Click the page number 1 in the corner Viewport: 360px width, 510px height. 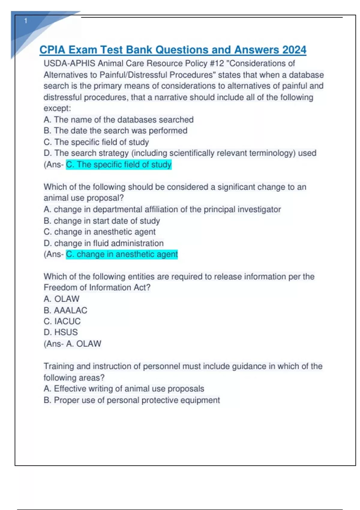(x=26, y=21)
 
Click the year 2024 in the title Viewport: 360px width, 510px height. (x=294, y=50)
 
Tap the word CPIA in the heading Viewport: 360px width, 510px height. (x=52, y=50)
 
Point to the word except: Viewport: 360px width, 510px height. (x=57, y=108)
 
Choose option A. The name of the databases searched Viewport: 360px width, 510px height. (x=118, y=120)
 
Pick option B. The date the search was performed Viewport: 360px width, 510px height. (x=115, y=131)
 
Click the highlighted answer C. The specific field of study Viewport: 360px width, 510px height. (x=118, y=164)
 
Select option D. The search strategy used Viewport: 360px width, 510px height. (x=180, y=153)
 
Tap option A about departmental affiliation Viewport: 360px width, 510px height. (x=162, y=209)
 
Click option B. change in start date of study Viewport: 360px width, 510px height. (x=102, y=221)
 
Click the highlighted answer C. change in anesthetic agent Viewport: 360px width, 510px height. (x=122, y=254)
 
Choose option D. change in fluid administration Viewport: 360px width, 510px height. (x=103, y=243)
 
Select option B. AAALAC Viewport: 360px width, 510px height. (x=65, y=310)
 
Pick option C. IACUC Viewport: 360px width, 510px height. (x=62, y=321)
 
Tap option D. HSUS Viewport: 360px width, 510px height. (x=61, y=332)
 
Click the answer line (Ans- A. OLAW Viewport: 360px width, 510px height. (x=72, y=344)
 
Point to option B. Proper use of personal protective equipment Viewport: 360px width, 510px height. (x=132, y=400)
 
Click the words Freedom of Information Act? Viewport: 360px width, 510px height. (x=97, y=287)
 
